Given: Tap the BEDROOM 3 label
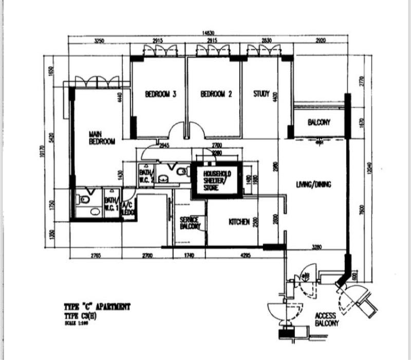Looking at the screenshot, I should pos(161,94).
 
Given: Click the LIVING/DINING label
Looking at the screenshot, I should pos(313,184).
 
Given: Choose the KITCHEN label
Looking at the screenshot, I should pos(239,222).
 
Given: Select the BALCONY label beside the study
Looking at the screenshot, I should pos(319,122).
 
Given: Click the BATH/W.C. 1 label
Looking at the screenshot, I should pos(111,204).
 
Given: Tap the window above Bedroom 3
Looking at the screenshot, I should pos(157,50).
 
